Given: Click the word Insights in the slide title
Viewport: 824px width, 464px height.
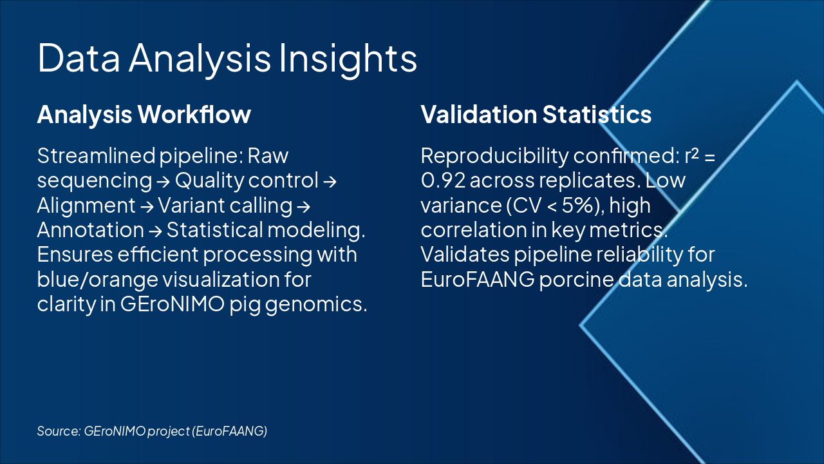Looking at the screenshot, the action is point(348,59).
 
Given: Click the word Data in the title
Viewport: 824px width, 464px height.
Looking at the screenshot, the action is point(79,57).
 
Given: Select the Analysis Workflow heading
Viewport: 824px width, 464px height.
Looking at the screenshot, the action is point(144,115).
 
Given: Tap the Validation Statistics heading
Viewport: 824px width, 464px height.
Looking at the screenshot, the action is point(536,114).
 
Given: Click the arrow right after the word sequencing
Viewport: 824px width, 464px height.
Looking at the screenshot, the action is point(164,182).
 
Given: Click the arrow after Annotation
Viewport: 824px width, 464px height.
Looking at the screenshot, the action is point(155,231).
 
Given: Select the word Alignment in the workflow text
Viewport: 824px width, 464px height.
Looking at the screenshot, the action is point(86,206).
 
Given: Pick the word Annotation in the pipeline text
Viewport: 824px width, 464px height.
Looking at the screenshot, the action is point(91,230).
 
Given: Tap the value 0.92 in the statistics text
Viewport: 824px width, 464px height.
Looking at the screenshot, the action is point(444,181).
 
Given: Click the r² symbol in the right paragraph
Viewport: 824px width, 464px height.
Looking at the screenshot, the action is point(691,155).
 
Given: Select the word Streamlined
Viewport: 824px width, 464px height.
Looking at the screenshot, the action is point(97,156).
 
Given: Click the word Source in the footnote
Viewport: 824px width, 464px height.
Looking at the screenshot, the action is point(59,431).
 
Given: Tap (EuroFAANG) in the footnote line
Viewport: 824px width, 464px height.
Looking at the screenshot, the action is point(230,431).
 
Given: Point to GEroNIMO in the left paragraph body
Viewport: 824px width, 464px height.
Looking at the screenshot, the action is point(172,304).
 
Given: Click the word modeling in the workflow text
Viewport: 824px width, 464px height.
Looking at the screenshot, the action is point(316,231).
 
